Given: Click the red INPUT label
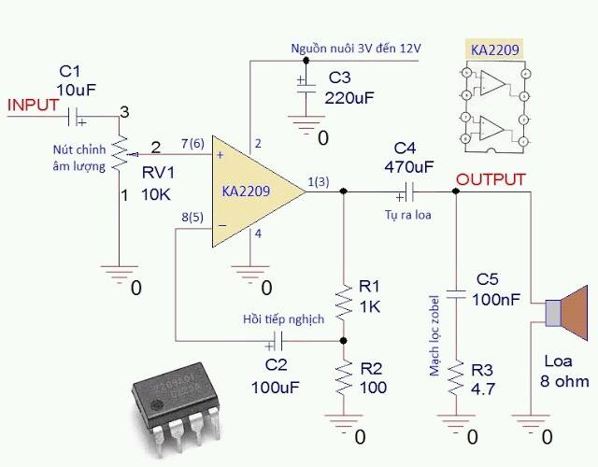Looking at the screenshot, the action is coord(34,106).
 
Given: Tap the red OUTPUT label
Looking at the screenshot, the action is coord(491,179).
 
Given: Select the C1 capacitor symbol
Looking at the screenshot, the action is coord(74,117).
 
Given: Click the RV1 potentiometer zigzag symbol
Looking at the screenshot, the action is coord(120,153).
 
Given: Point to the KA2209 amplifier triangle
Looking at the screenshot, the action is coord(259,191).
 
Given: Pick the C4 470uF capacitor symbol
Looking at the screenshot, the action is coord(408,191).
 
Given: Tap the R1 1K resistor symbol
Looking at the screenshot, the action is coord(343,302).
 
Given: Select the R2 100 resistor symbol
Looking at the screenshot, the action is coord(343,378).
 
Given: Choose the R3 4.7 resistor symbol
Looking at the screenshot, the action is coord(456,378).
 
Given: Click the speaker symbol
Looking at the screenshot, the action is coord(567,313).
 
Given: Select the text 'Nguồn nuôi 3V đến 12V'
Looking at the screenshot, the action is coord(356,49).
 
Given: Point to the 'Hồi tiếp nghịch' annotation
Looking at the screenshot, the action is coord(283,319).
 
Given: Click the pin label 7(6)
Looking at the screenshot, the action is coord(192,144).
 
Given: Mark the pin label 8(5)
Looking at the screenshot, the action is coord(192,218).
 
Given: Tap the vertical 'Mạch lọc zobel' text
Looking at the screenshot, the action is coord(434,335).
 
